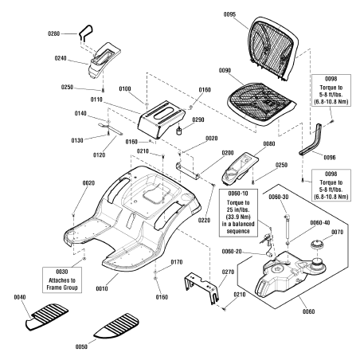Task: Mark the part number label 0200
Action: coord(227,153)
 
